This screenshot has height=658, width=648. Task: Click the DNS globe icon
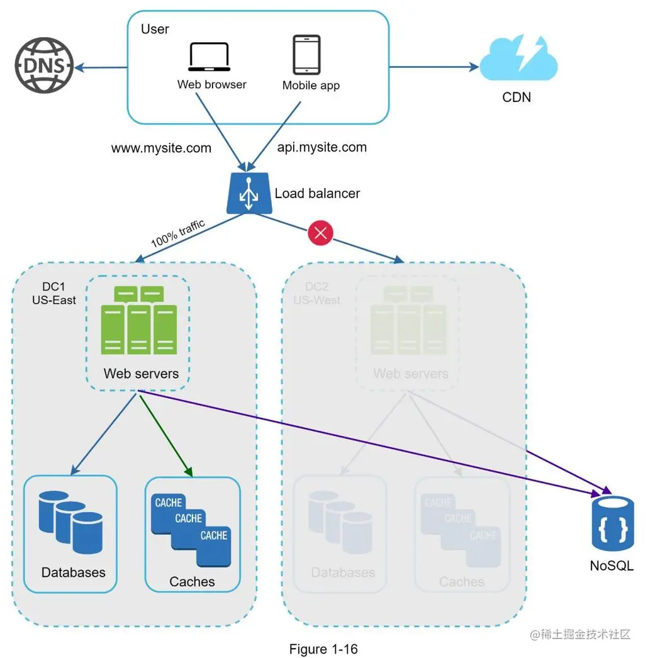click(x=44, y=65)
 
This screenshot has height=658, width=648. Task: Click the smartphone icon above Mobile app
click(x=306, y=55)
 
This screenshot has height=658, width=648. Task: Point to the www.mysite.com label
click(x=161, y=148)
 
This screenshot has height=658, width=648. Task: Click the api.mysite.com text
click(x=321, y=147)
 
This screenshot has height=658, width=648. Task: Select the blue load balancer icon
click(x=247, y=193)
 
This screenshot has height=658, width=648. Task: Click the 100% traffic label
click(x=177, y=233)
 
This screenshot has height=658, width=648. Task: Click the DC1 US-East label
click(x=54, y=294)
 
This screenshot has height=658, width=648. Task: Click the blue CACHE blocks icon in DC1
click(x=193, y=528)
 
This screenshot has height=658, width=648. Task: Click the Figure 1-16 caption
click(x=323, y=649)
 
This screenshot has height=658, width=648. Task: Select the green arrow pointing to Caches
click(x=165, y=433)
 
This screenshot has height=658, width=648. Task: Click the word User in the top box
click(x=155, y=29)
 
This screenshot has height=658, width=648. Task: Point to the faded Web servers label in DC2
click(x=410, y=374)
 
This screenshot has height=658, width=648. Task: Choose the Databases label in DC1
click(x=74, y=572)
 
